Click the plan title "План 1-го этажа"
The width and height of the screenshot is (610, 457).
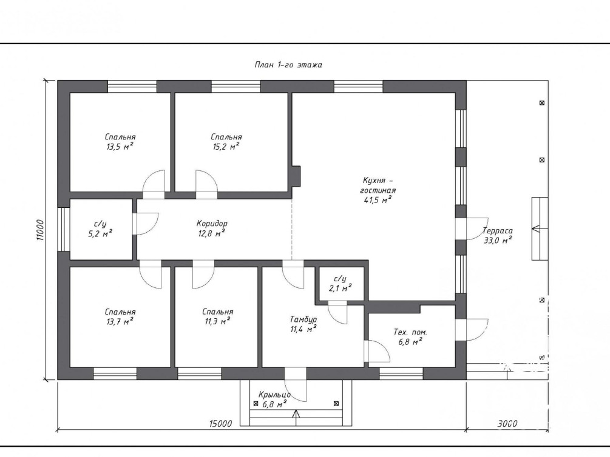(288, 65)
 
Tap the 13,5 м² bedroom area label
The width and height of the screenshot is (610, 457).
(120, 142)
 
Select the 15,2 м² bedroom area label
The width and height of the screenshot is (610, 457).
(226, 142)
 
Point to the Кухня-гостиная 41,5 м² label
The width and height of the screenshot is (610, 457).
(378, 190)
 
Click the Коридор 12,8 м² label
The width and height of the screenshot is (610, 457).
(212, 228)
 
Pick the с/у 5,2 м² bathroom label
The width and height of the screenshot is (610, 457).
(100, 228)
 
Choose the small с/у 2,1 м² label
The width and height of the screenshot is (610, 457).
(340, 283)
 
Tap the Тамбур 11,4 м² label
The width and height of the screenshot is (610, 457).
(303, 324)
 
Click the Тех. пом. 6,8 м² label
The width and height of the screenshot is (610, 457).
(410, 337)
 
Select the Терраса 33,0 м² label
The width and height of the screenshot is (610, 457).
(498, 236)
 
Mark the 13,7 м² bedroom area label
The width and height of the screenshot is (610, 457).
(120, 317)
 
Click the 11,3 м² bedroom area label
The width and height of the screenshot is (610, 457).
(217, 317)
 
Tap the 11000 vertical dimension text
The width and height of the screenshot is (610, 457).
(41, 230)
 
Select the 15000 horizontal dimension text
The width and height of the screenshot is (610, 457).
(220, 423)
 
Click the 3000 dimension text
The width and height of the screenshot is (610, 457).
(507, 423)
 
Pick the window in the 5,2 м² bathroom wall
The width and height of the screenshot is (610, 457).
(63, 229)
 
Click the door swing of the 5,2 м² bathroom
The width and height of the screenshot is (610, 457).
(146, 224)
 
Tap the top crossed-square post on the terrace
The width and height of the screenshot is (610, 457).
(542, 103)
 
